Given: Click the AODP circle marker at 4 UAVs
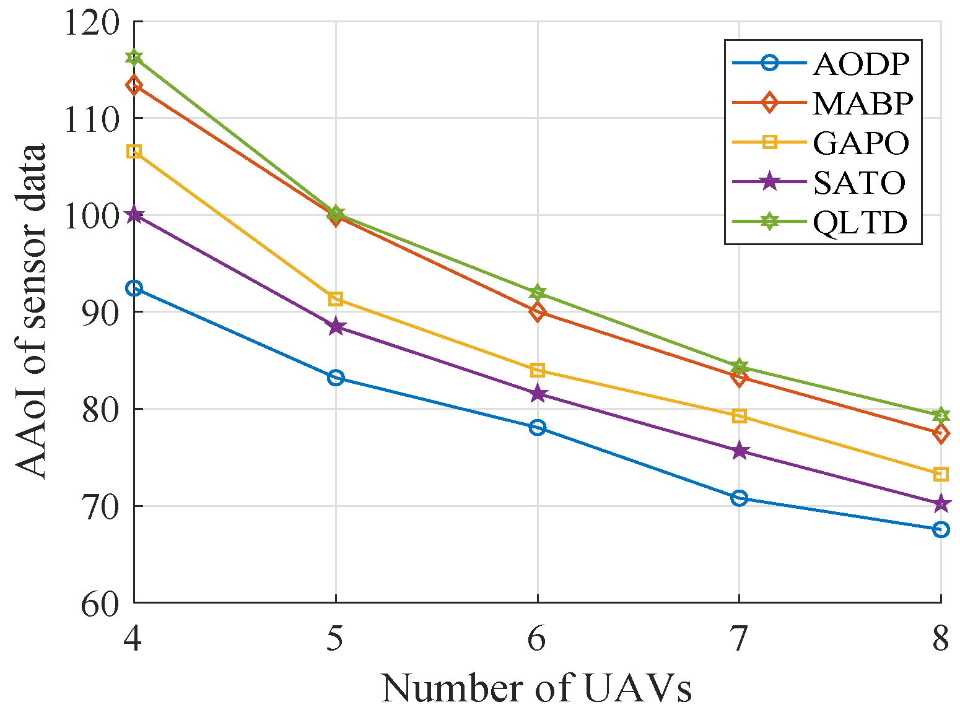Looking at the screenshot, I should click(x=134, y=288).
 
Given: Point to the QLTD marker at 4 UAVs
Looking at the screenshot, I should click(x=134, y=58).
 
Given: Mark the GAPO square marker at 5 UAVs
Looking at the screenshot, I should click(x=336, y=300).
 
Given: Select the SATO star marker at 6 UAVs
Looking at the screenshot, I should click(x=538, y=394).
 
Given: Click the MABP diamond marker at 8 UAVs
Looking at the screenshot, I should click(x=941, y=433).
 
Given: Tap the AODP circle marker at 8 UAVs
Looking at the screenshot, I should click(x=941, y=529).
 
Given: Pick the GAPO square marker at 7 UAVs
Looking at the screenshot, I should click(x=739, y=416).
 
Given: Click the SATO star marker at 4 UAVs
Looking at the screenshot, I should click(x=134, y=215).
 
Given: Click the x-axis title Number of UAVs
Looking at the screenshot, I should click(x=536, y=688).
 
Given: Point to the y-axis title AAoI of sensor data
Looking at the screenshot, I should click(x=31, y=311).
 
